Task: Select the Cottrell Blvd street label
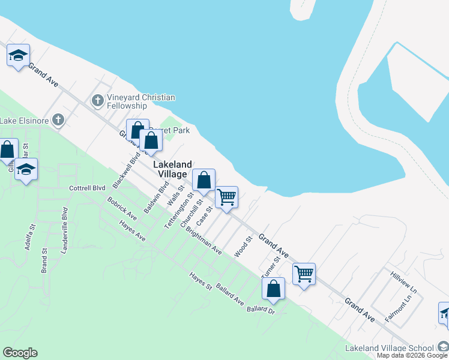(x=87, y=188)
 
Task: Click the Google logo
(x=20, y=353)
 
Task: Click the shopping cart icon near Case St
(x=226, y=196)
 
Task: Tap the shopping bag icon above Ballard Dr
(x=273, y=288)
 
